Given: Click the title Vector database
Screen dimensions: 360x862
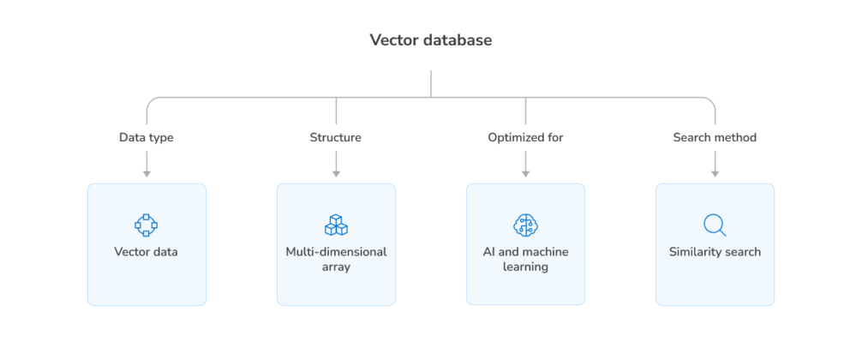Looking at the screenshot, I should tap(431, 40).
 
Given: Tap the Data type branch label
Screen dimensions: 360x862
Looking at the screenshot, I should tap(147, 137).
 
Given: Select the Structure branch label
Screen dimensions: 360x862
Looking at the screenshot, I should tap(336, 137).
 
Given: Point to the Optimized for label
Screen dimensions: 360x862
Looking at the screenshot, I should tap(525, 137).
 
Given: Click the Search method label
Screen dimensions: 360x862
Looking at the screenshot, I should tap(715, 137).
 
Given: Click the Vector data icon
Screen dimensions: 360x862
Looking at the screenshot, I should tap(147, 225).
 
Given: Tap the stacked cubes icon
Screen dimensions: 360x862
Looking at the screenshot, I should tap(336, 225).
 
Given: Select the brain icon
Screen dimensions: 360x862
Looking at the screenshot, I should tap(525, 225).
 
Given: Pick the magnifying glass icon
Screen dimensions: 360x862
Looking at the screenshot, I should tap(715, 225).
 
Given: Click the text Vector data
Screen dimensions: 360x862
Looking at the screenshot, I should tap(147, 252).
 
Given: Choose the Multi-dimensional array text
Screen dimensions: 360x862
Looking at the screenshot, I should tap(336, 260).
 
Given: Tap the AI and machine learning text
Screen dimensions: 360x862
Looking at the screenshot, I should tap(525, 260).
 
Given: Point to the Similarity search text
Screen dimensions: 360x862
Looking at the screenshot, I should tap(715, 252).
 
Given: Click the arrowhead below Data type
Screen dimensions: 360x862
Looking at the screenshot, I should tap(147, 173).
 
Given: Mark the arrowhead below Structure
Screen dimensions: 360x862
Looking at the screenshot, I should tap(336, 173).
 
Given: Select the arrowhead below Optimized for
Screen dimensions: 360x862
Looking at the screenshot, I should tap(525, 173).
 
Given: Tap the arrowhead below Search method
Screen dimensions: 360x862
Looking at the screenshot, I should tap(715, 173).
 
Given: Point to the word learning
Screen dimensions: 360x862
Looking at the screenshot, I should tap(525, 267).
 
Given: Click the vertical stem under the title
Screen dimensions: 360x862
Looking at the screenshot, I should tap(431, 83).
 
